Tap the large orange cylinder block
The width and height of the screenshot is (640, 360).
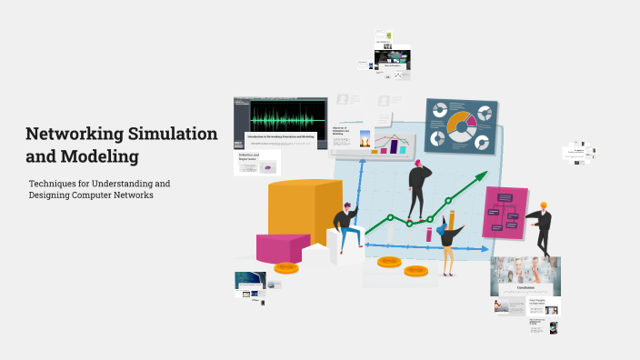tap(292, 213)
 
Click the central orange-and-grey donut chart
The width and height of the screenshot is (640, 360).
tap(461, 125)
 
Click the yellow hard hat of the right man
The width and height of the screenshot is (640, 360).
tap(544, 205)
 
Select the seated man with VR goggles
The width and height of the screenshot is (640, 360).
tap(345, 227)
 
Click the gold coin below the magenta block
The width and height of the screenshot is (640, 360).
tap(287, 268)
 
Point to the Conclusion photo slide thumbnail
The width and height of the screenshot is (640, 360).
tap(525, 276)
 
